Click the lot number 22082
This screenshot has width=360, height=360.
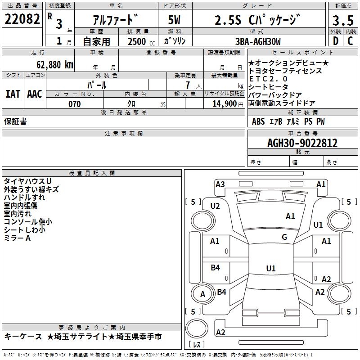pyautogui.click(x=22, y=19)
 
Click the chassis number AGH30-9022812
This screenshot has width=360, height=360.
pyautogui.click(x=302, y=143)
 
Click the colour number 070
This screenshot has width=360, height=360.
pyautogui.click(x=74, y=104)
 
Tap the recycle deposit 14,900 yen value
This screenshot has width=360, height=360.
pyautogui.click(x=225, y=104)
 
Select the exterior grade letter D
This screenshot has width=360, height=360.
pyautogui.click(x=335, y=41)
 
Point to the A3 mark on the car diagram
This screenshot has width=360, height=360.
pyautogui.click(x=220, y=184)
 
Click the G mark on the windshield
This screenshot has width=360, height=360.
pyautogui.click(x=284, y=237)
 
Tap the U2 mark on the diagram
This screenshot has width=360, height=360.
pyautogui.click(x=215, y=206)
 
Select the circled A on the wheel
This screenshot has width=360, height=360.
pyautogui.click(x=202, y=294)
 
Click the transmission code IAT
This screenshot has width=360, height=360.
pyautogui.click(x=13, y=94)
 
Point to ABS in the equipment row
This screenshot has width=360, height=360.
pyautogui.click(x=258, y=121)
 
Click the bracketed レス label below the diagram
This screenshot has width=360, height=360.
pyautogui.click(x=197, y=344)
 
